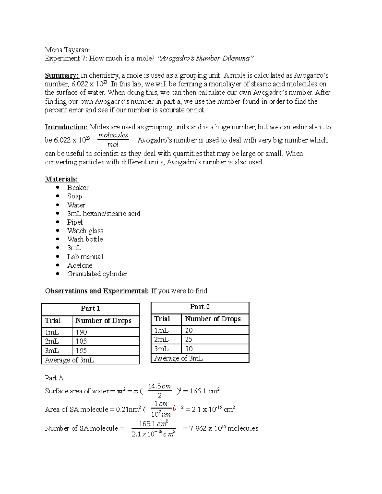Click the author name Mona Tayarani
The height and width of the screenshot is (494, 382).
pos(67,50)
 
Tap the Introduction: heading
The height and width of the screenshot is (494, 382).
pos(66,127)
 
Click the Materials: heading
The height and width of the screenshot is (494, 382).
pos(61,179)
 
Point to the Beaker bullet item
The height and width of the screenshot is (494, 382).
pos(78,188)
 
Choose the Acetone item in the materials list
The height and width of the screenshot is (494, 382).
pos(80,265)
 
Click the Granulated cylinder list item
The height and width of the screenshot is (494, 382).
pos(97,274)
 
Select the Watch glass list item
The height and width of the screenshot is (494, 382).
pos(85,231)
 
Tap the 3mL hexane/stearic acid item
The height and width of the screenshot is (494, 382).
pos(103,213)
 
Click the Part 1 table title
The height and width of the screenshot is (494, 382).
pos(90,309)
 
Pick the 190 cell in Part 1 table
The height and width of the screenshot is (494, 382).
pos(81,332)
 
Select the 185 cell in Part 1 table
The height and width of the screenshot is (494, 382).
pos(81,341)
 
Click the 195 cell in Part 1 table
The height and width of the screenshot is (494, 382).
pos(81,351)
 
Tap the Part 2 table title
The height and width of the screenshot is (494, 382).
pos(200,307)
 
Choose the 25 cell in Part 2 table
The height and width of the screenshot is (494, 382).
pos(189,339)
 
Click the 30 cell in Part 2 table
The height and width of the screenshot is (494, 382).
pos(189,349)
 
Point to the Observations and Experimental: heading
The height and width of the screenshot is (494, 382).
pos(97,291)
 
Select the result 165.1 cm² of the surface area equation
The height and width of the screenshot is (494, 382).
pos(205,391)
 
